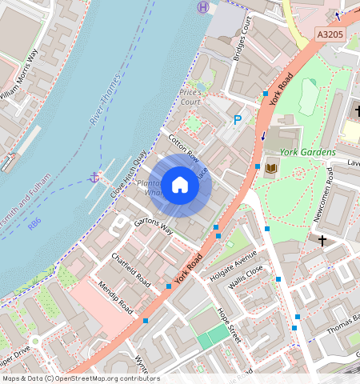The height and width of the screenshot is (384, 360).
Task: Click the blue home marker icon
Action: (181, 186)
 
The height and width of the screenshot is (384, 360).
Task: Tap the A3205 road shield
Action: (330, 35)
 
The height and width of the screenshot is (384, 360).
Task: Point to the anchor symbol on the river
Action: (94, 176)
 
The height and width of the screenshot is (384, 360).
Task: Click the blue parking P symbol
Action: (237, 120)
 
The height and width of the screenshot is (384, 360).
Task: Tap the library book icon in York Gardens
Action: (271, 167)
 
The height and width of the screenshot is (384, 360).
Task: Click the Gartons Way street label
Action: (153, 224)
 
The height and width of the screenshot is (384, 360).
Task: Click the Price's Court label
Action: (190, 97)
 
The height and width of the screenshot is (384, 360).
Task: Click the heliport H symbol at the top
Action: (203, 6)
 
